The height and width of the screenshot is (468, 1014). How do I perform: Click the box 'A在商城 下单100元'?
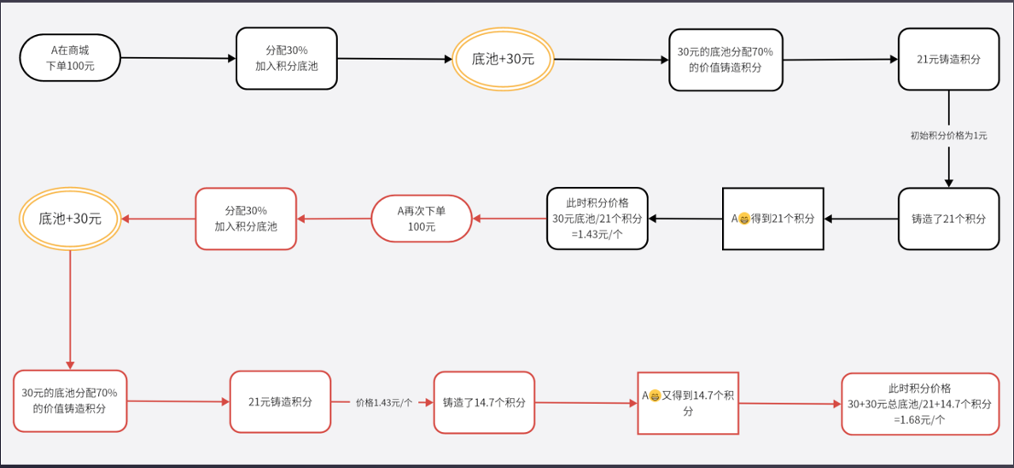[69, 58]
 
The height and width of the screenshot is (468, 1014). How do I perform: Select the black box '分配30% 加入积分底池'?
[286, 58]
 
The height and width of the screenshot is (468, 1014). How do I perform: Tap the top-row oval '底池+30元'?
[503, 59]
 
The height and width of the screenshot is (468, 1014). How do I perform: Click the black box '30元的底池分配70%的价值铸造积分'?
[725, 59]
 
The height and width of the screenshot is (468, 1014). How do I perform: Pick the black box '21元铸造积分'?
[948, 59]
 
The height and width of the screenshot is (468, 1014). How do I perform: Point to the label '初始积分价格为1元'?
[948, 135]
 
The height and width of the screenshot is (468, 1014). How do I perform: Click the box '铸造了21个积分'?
[948, 219]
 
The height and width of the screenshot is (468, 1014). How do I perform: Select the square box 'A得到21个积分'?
[772, 219]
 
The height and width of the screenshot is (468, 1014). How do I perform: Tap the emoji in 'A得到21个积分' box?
[744, 219]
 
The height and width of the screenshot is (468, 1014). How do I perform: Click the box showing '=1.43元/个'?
[597, 219]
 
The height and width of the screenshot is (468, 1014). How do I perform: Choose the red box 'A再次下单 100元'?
[421, 219]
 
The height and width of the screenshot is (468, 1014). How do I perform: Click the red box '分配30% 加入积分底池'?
[246, 219]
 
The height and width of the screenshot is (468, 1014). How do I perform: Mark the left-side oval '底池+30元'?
[70, 219]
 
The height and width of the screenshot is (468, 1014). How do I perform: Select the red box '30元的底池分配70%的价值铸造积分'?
[70, 401]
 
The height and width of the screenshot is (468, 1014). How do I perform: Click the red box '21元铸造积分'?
[279, 401]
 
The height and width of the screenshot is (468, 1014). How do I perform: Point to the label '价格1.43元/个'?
[383, 402]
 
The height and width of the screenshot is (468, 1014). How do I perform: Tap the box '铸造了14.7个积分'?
[484, 402]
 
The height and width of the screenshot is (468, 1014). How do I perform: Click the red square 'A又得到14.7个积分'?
[688, 403]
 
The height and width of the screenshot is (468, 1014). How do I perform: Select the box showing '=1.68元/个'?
[919, 404]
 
